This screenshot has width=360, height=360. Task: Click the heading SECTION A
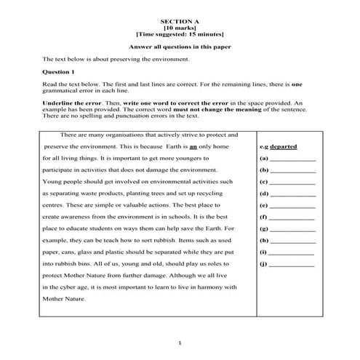(180, 22)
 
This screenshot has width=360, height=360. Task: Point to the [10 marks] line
(180, 28)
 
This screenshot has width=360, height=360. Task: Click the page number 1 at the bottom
(180, 342)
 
